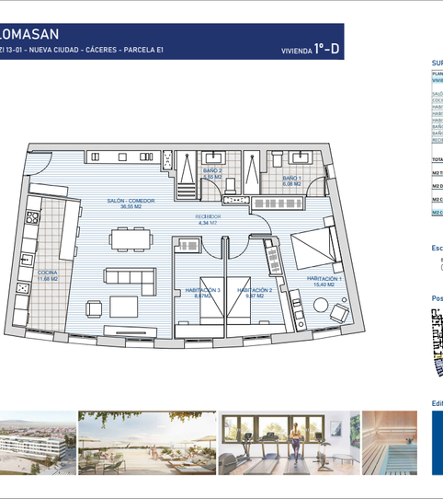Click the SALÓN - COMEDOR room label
130,201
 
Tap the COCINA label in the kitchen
48,273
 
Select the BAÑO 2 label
213,170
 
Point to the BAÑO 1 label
292,177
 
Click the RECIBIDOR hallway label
208,217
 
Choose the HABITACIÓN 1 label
324,278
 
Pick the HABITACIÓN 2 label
251,290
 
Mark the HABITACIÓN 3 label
203,290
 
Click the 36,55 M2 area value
131,207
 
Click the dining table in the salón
129,238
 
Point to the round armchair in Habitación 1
340,313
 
